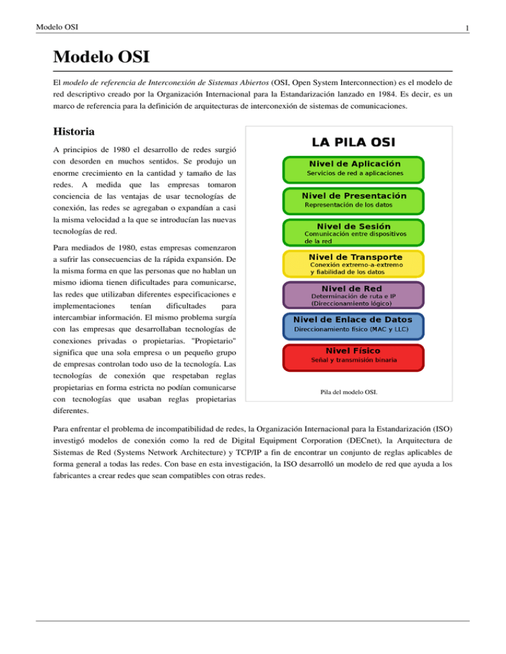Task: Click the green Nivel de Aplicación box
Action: [353, 168]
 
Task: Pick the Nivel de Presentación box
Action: [353, 200]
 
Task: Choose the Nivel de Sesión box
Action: [353, 232]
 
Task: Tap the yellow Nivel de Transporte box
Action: [353, 263]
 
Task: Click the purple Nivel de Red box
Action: [353, 295]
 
